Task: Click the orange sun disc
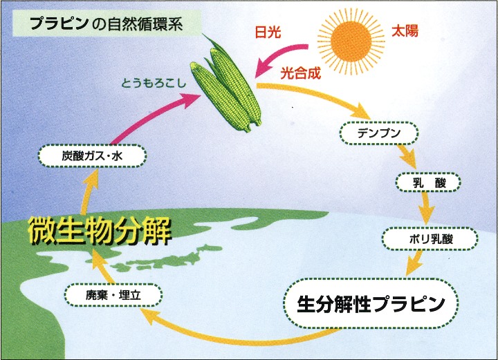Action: pos(351,41)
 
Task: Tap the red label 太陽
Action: pos(405,31)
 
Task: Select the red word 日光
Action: pos(268,32)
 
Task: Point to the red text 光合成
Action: pos(300,73)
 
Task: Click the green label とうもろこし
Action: pos(154,83)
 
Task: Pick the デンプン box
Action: pos(379,133)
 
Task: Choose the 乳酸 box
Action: pos(428,182)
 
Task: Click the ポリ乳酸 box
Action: pos(430,239)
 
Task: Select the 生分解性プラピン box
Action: pos(371,303)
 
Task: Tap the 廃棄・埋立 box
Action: pos(113,295)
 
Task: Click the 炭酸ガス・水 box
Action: pos(92,155)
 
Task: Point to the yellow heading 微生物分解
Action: pos(100,230)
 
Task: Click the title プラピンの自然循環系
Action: pos(107,24)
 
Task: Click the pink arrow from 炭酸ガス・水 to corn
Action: pos(152,115)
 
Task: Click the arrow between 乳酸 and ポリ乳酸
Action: pos(425,208)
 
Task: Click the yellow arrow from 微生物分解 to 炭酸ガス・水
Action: pos(89,192)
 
